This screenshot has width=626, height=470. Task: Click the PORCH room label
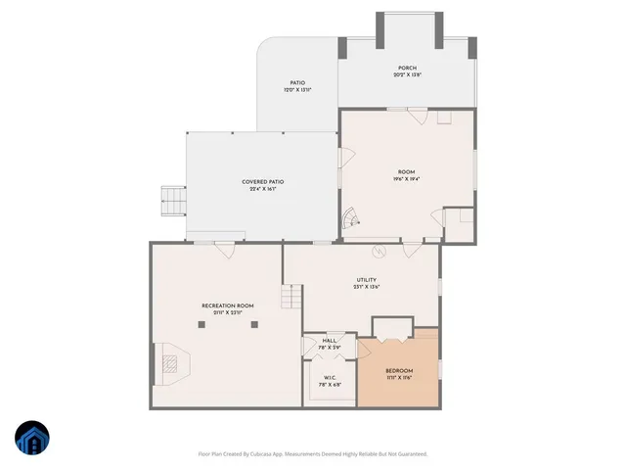(x=407, y=68)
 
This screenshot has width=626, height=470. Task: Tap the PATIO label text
(x=296, y=83)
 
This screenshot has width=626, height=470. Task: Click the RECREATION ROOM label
(x=227, y=306)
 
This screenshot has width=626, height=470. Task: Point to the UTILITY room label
(x=366, y=281)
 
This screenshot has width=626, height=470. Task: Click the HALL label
(x=329, y=341)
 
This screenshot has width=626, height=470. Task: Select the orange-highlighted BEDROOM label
(x=399, y=371)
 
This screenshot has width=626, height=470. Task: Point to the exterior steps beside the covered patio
(x=173, y=203)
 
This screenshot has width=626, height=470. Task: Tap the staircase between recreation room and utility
(x=291, y=297)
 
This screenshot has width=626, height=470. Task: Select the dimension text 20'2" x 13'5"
(x=407, y=75)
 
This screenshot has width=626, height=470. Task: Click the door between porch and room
(x=418, y=117)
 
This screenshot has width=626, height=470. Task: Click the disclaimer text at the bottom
(x=313, y=453)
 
